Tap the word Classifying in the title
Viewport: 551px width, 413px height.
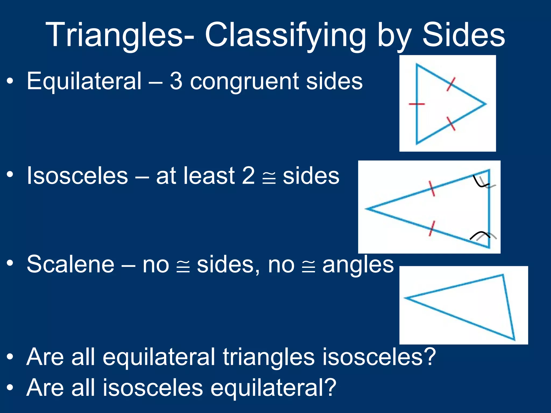(x=285, y=35)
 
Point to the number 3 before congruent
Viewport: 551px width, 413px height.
(x=176, y=81)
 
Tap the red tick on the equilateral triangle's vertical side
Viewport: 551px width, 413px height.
(x=417, y=104)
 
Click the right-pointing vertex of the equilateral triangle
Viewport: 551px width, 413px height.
(x=485, y=104)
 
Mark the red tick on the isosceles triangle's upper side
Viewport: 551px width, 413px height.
(x=431, y=188)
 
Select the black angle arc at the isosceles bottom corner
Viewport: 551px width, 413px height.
(x=479, y=234)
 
